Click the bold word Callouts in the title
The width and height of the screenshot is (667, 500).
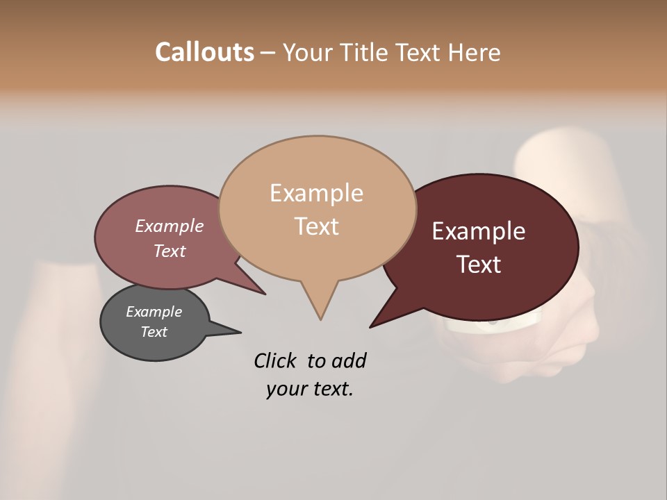[x=204, y=52]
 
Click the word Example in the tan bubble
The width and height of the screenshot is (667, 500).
[x=316, y=193]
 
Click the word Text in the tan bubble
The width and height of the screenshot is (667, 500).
[x=316, y=226]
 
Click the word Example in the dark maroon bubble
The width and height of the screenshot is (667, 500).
[x=479, y=231]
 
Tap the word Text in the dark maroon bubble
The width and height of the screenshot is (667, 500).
[x=479, y=265]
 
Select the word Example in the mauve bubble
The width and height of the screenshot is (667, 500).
[x=169, y=226]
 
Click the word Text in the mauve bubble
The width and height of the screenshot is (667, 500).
[x=169, y=251]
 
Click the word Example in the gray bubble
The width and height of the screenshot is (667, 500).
[x=154, y=312]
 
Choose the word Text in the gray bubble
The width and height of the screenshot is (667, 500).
[x=154, y=332]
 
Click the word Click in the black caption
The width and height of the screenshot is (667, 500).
[x=277, y=360]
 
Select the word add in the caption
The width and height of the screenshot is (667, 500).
[x=350, y=360]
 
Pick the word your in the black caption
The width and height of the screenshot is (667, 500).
[x=285, y=389]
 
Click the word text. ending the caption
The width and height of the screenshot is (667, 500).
[x=330, y=389]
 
